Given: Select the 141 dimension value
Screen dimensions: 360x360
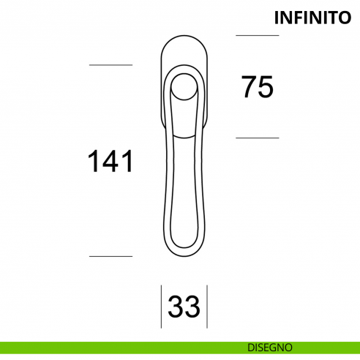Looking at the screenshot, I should (x=110, y=161).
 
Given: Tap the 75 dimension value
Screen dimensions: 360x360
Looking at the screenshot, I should (x=258, y=87).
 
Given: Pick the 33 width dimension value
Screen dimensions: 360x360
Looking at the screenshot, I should (x=184, y=307).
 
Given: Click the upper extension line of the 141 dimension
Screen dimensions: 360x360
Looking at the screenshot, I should (x=110, y=65).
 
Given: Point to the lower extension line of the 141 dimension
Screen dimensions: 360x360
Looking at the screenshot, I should (x=110, y=256).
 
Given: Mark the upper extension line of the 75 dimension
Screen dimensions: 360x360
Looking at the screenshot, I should (x=258, y=35).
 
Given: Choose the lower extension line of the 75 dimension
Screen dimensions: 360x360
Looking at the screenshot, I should (x=258, y=138).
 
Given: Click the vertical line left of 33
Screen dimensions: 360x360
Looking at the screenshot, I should (x=161, y=307).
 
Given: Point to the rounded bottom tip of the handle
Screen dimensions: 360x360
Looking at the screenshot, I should (x=184, y=252).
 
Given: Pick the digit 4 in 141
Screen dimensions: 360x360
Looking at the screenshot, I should (x=110, y=161).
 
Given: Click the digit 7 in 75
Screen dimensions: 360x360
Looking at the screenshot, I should (x=250, y=87).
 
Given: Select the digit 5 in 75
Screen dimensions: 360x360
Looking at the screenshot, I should (x=266, y=87).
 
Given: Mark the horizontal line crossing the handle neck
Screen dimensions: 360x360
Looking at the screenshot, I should (x=184, y=135).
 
